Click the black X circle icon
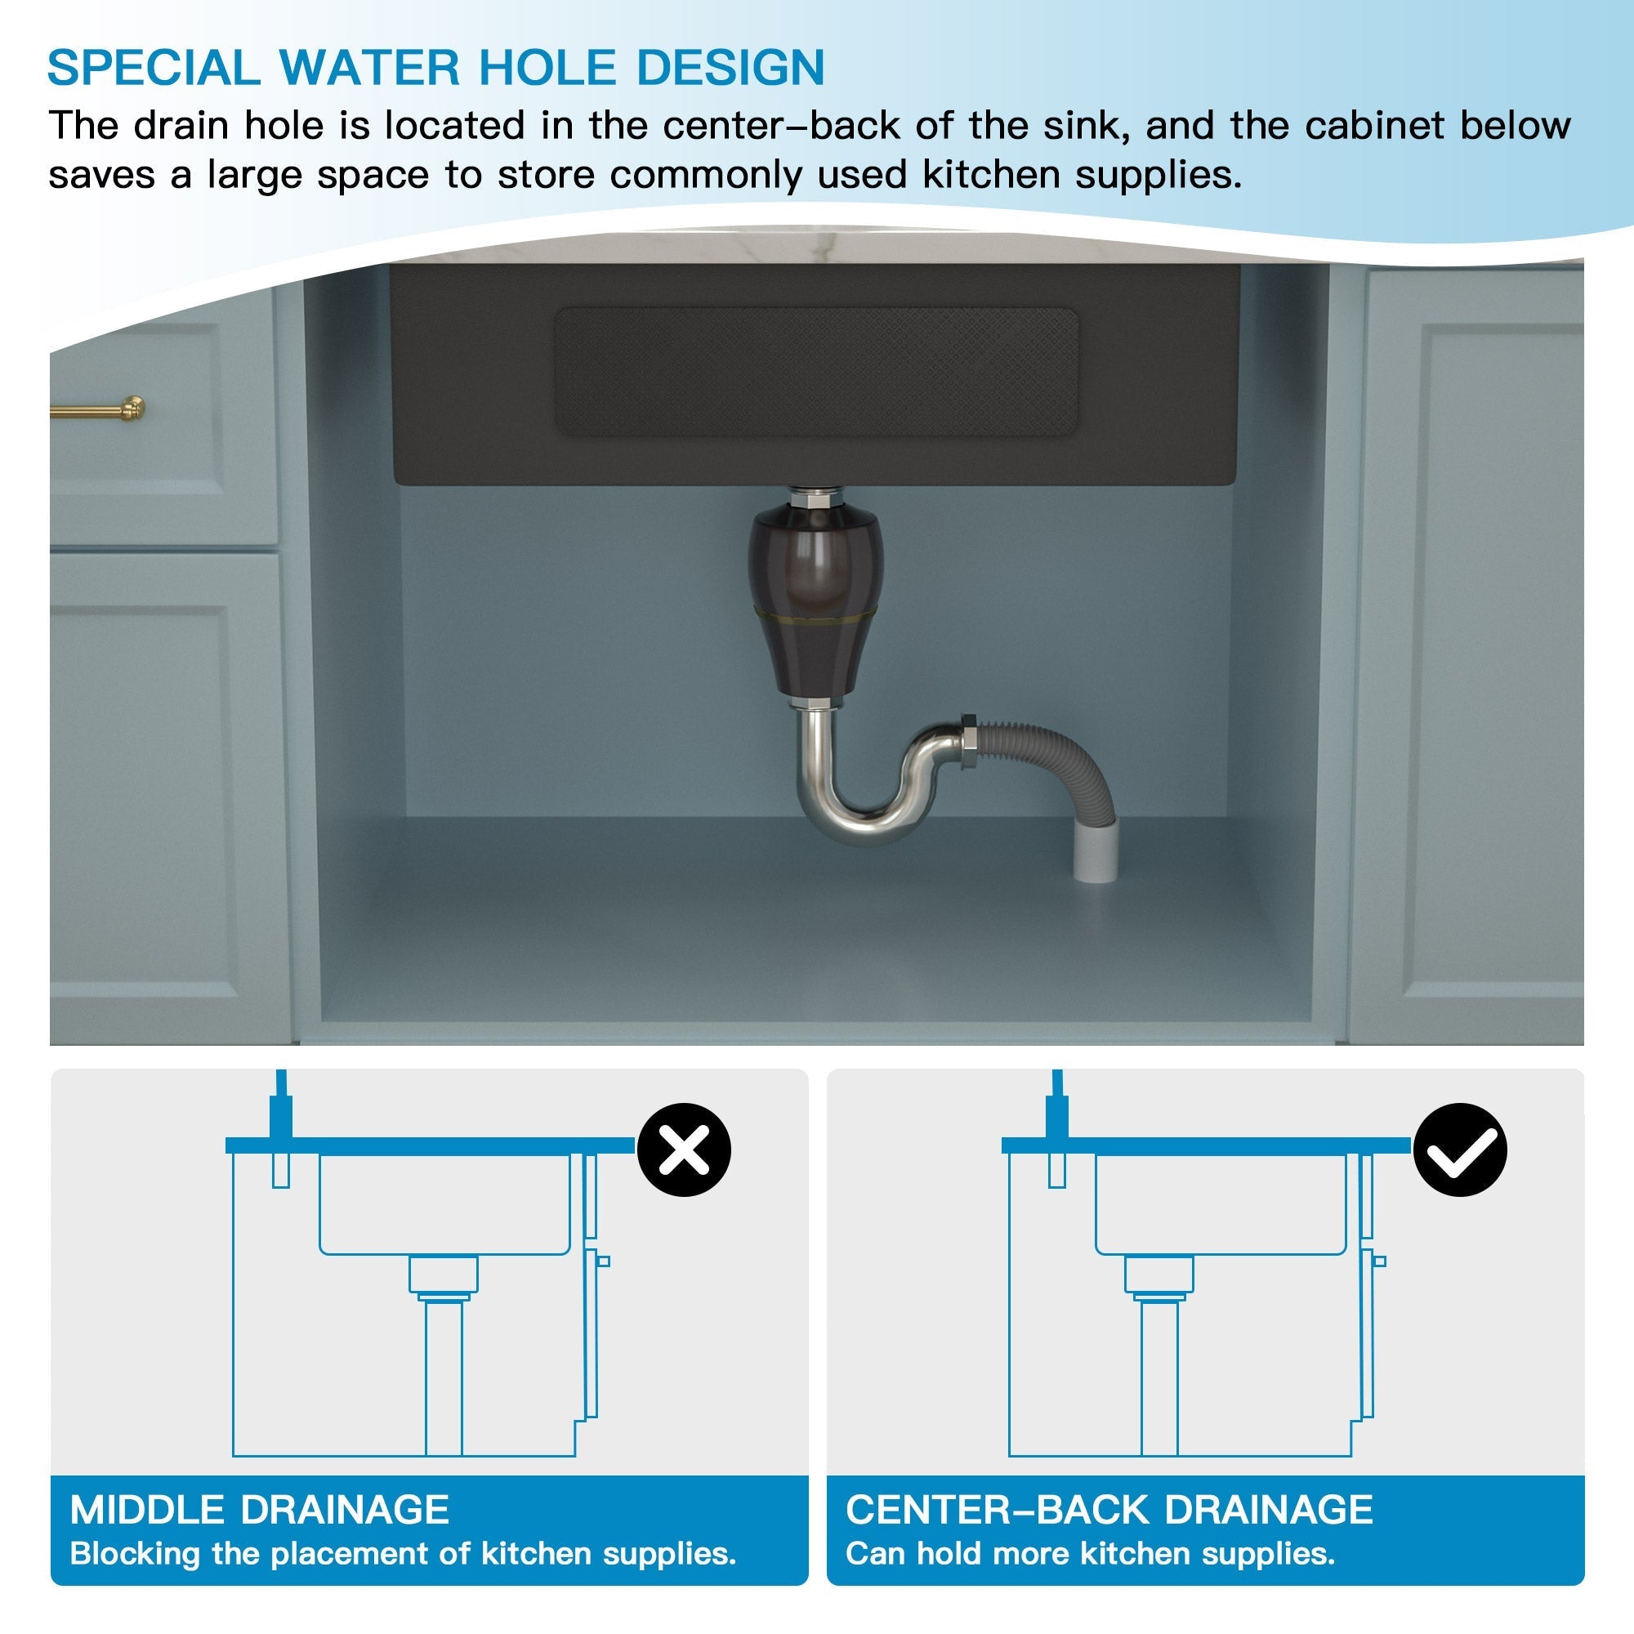(683, 1150)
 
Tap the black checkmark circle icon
(1460, 1150)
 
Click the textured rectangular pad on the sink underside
(815, 372)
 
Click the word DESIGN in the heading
(730, 68)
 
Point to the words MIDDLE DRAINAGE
(259, 1510)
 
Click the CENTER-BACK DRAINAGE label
(1109, 1510)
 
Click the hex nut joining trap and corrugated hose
(967, 743)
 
